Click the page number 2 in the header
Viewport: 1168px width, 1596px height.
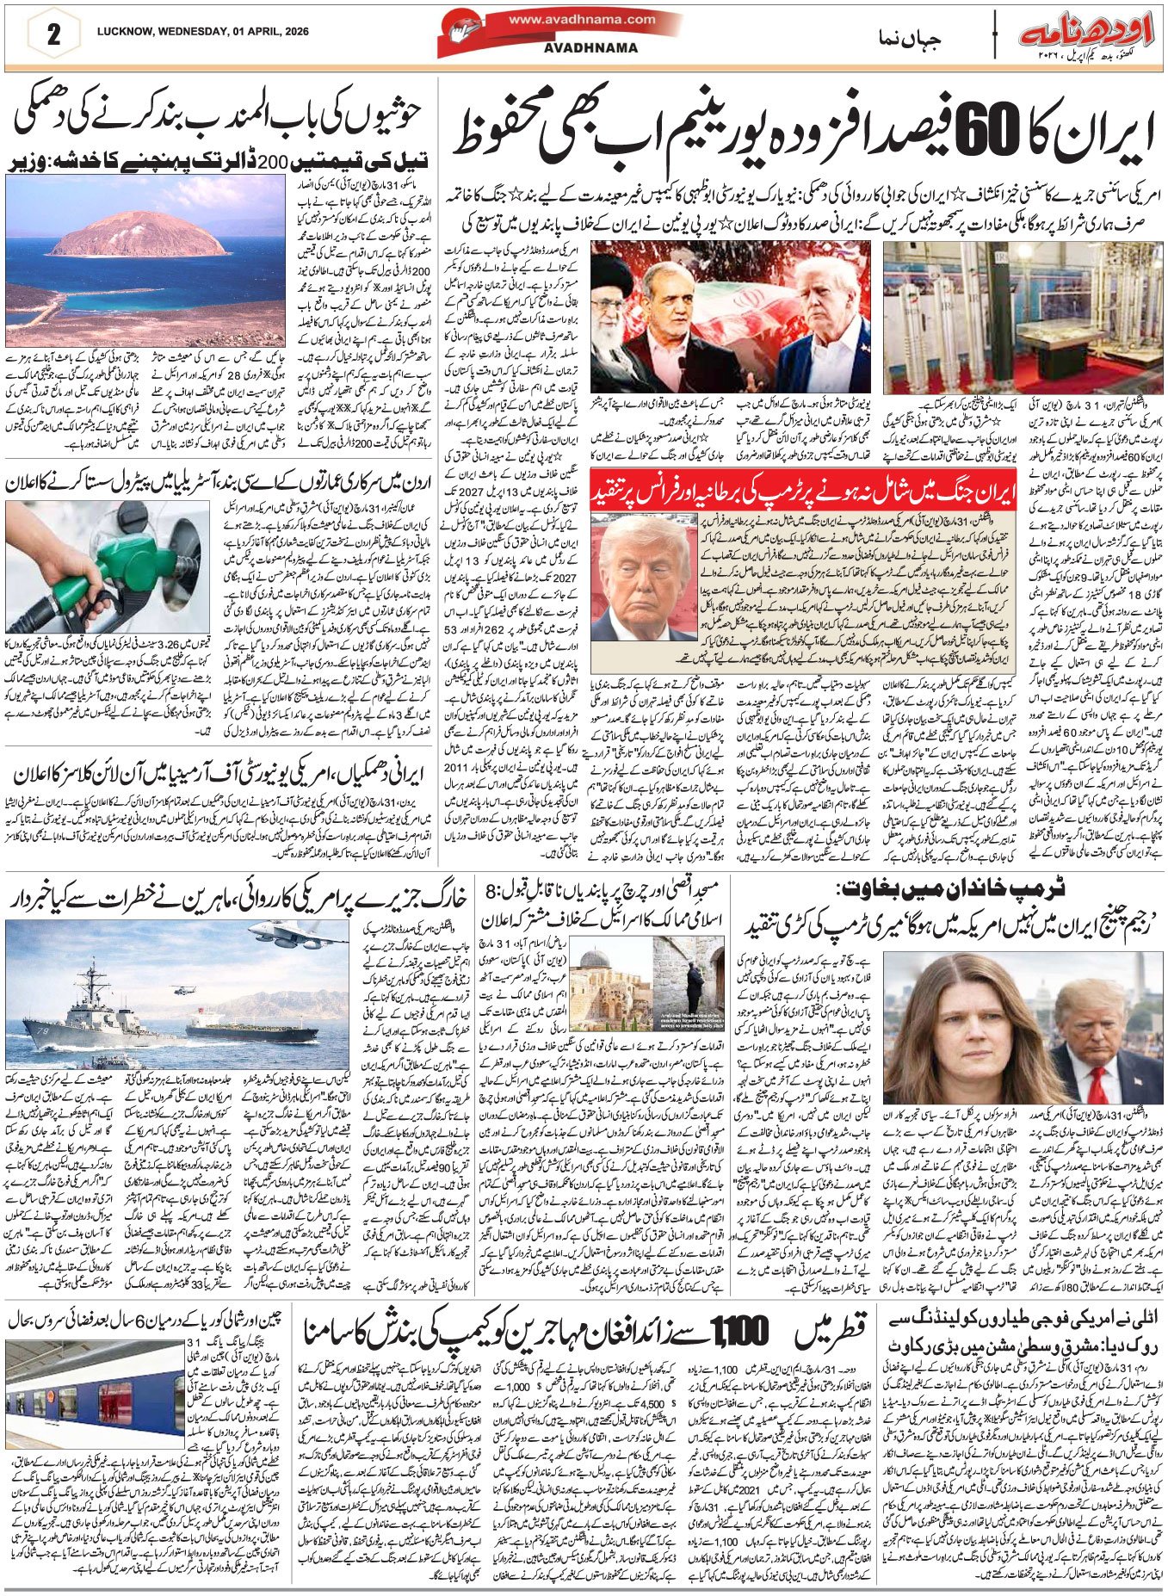tap(53, 35)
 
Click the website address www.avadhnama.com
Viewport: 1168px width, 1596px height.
tap(582, 19)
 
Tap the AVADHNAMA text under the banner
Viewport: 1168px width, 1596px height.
tap(590, 48)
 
